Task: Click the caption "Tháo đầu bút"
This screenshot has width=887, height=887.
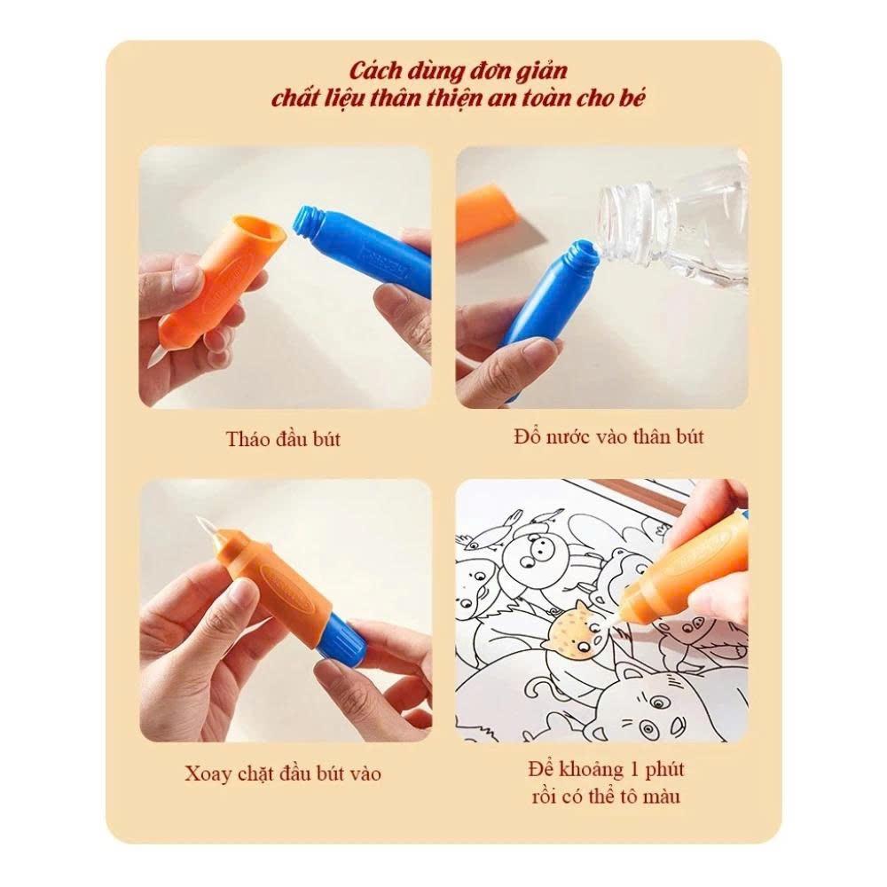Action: coord(283,439)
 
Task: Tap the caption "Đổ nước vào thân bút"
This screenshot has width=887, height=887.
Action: coord(608,436)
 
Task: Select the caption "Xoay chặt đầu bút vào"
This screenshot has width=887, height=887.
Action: coord(283,773)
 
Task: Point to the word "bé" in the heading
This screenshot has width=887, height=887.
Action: coord(633,98)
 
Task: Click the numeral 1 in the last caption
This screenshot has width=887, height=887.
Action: coord(634,769)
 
